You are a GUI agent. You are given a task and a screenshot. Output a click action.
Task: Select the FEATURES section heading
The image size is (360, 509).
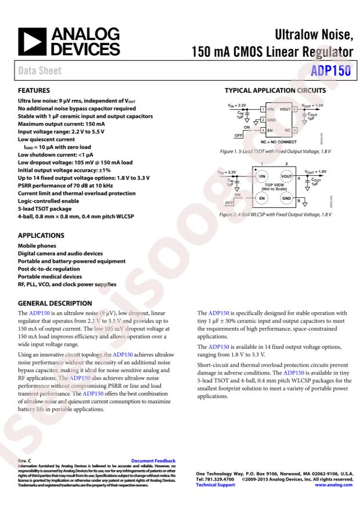[x=34, y=91]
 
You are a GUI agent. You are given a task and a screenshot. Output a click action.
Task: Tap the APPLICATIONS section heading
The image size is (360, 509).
[x=41, y=237]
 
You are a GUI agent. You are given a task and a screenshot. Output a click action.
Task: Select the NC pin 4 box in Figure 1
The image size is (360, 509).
[x=295, y=131]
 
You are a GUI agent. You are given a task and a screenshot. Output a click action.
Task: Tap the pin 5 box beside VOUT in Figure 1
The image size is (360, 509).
[x=295, y=109]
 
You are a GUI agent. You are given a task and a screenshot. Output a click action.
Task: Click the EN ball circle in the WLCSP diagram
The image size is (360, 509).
[x=263, y=198]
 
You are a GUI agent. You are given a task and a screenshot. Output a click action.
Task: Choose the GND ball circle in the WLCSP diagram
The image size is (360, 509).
[x=287, y=198]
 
